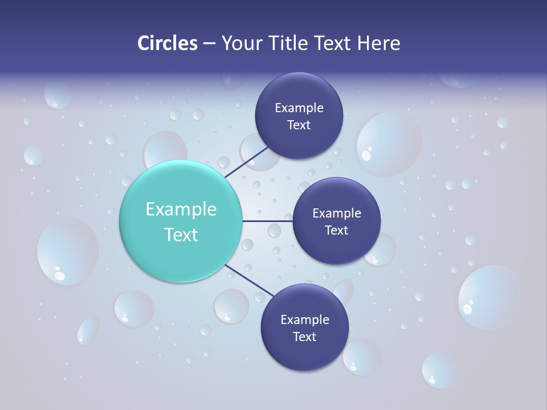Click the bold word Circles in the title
(x=167, y=43)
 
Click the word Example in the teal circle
(x=181, y=210)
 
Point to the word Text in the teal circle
(x=181, y=235)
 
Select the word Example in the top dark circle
(x=299, y=108)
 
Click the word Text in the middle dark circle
(x=336, y=231)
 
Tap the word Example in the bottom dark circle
(x=304, y=320)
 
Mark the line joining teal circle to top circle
(x=246, y=162)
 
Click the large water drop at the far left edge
(x=67, y=251)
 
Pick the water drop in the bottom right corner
(x=439, y=369)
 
